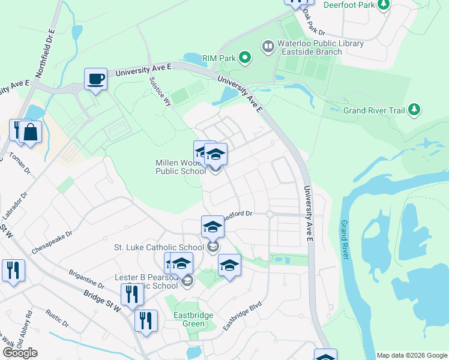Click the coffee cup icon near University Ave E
[95, 79]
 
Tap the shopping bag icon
[30, 132]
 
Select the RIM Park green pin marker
[244, 58]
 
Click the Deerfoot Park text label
[348, 5]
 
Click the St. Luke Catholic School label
[158, 247]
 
